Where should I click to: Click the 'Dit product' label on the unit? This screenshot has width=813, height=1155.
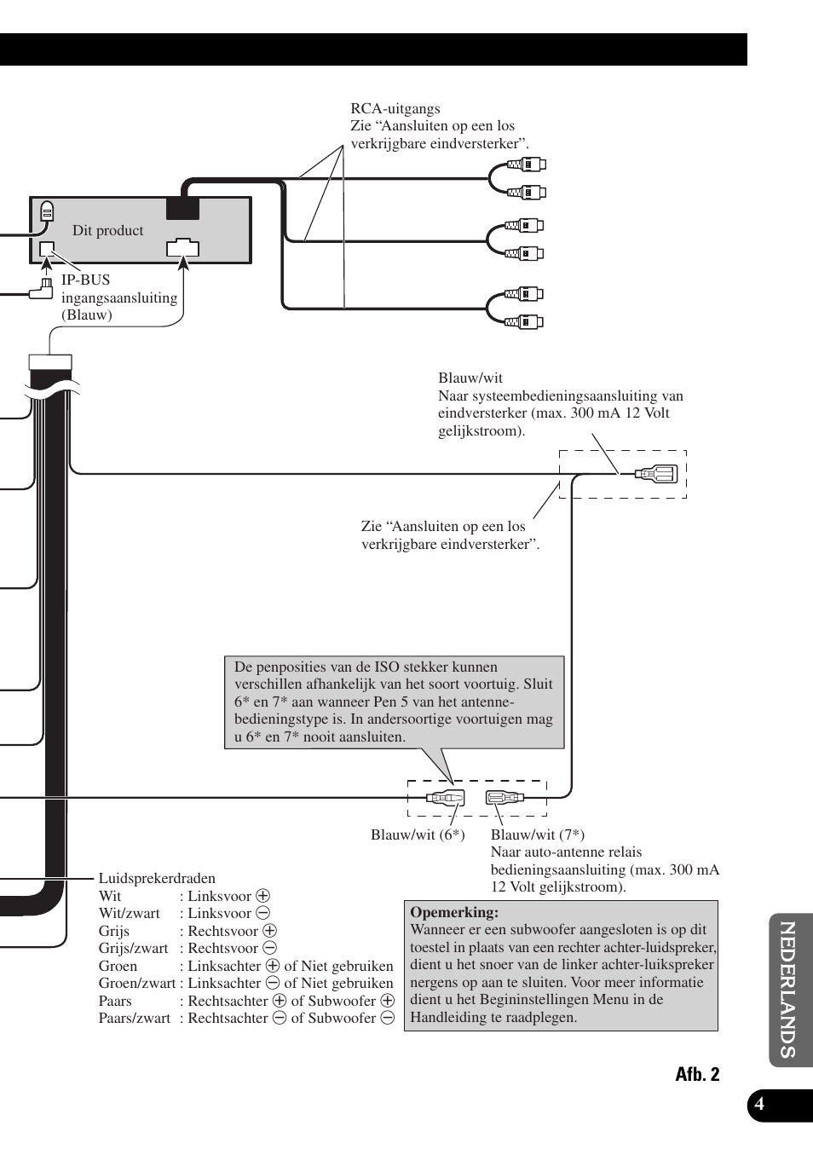[x=107, y=230]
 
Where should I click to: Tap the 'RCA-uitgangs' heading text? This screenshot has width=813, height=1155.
[x=395, y=108]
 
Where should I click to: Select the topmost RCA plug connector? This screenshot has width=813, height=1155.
[x=527, y=165]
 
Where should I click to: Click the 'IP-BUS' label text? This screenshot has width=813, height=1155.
[x=85, y=280]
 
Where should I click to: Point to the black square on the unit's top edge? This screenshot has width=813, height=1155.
[x=182, y=208]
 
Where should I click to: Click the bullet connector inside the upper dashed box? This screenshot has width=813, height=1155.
[x=657, y=473]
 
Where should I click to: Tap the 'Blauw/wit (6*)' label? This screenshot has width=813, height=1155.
[x=418, y=834]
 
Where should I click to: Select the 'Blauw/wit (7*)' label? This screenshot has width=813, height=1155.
[x=537, y=834]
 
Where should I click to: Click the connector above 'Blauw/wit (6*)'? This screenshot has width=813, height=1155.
[x=445, y=798]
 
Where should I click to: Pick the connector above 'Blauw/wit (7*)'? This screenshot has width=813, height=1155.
[x=505, y=798]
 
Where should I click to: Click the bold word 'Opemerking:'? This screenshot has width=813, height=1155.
[x=453, y=912]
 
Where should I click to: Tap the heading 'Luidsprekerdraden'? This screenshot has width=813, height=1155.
[x=157, y=878]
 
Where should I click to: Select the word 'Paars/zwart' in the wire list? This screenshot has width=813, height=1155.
[x=134, y=1018]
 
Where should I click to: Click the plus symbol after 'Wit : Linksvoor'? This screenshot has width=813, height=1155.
[x=263, y=896]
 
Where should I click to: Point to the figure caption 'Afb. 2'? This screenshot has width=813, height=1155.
[x=697, y=1074]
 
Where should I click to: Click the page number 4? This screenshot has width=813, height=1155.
[x=759, y=1105]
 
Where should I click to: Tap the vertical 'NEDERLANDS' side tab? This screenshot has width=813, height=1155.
[x=788, y=990]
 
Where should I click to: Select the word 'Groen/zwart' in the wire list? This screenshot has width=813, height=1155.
[x=136, y=983]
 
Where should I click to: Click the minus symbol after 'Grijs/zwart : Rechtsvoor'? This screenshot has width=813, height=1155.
[x=269, y=948]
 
